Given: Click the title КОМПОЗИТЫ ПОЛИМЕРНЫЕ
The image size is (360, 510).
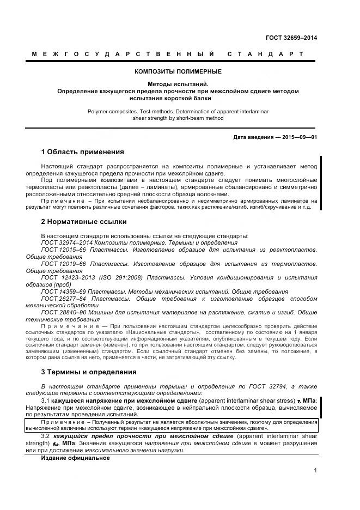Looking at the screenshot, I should (178, 71).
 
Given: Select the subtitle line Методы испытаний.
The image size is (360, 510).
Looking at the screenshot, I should (178, 84).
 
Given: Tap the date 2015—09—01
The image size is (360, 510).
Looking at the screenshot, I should (299, 137).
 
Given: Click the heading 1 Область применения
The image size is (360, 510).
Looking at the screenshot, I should (82, 151).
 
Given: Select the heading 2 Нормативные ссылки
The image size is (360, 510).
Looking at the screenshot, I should (84, 222).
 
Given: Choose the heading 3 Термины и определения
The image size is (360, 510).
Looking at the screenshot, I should (89, 372).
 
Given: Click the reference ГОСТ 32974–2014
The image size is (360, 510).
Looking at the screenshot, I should (65, 242).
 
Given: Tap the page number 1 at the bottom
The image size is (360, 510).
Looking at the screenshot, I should (315, 470).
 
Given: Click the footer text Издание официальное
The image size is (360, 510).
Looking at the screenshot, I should (75, 458).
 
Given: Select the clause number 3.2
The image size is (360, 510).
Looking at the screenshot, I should (45, 437).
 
